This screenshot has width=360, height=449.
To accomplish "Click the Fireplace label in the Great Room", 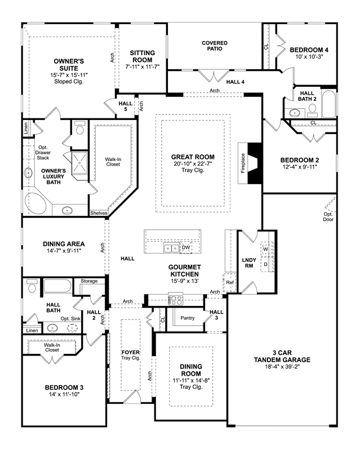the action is (243, 163).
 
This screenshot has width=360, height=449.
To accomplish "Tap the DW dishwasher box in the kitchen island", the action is (186, 247).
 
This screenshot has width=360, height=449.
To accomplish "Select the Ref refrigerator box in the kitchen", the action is (230, 282).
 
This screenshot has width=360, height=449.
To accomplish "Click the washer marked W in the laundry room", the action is (265, 249).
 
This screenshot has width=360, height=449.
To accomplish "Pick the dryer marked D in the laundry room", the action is (265, 264).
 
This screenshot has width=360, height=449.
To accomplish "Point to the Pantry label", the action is (188, 318).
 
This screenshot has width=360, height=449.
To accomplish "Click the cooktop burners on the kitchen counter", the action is (176, 300).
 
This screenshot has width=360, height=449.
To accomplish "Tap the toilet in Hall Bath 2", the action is (313, 110).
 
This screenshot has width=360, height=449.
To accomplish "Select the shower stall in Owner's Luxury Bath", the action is (79, 163).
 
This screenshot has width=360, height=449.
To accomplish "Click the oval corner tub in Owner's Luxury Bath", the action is (35, 203).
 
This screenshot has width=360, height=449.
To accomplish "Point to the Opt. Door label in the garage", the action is (328, 217).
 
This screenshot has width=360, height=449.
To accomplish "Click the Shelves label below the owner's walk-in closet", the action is (99, 213).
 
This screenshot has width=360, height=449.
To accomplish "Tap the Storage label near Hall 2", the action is (89, 281).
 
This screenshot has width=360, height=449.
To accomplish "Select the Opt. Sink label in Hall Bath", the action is (70, 318).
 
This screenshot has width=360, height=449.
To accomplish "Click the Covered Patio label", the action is (215, 46).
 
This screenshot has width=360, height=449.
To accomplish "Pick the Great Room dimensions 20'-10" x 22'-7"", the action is (193, 164).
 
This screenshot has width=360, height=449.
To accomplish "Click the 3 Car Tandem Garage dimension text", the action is (282, 367).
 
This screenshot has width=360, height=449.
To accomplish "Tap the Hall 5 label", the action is (126, 106).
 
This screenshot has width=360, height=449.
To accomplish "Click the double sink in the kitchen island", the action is (172, 248).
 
